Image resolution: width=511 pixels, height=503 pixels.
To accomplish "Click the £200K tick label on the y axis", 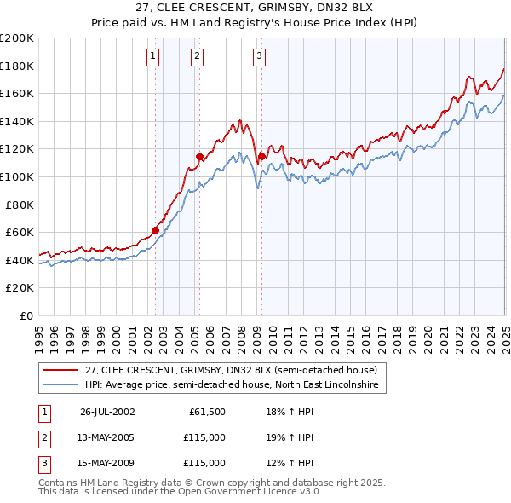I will (x=17, y=38).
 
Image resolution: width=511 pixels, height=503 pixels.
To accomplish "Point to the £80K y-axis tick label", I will (x=20, y=205).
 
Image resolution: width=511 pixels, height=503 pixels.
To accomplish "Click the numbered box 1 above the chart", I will (x=152, y=57).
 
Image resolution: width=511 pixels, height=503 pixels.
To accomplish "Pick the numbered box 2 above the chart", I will (x=197, y=57).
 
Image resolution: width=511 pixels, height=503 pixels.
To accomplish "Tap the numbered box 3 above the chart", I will (x=258, y=57).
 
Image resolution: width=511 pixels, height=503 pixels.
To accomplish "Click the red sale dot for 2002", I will (x=156, y=229).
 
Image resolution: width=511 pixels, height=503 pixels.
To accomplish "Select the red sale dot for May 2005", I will (x=199, y=156).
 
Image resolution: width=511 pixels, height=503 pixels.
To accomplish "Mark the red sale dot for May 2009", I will (x=261, y=156).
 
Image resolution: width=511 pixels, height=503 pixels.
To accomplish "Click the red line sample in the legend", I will (x=60, y=370).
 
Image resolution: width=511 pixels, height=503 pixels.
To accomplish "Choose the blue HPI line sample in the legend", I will (x=60, y=385).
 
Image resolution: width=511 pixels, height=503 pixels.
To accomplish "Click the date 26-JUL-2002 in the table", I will (x=107, y=412).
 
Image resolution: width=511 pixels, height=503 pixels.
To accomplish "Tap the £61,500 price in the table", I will (x=206, y=412).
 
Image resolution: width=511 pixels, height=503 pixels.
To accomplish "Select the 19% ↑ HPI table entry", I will (x=289, y=437).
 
